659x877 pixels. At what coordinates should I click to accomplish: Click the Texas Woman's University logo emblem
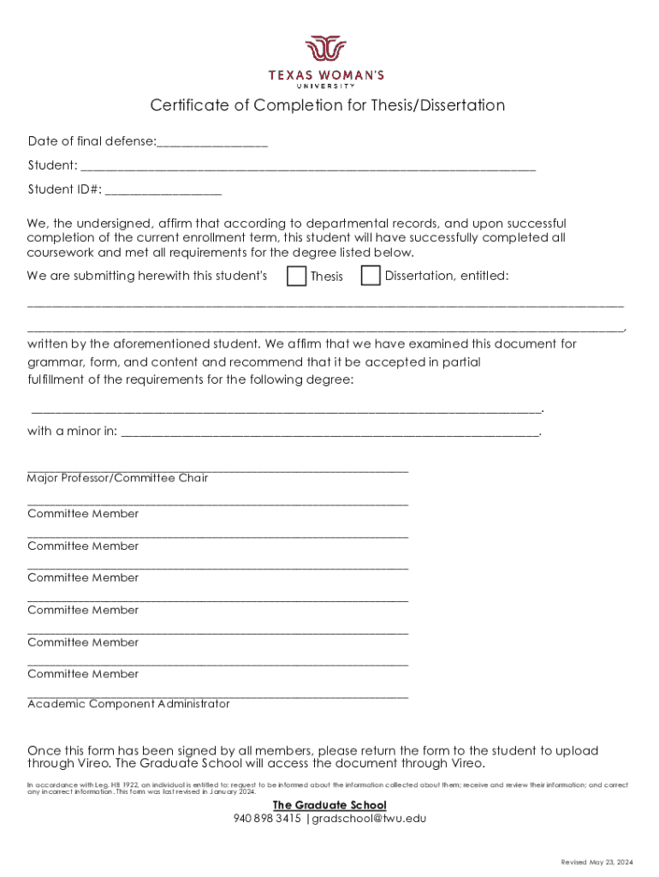[x=328, y=50]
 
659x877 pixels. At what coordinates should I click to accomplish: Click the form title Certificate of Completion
[x=328, y=105]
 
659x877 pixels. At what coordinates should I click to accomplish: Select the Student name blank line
[x=308, y=166]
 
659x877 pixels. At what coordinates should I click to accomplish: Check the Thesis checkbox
[x=296, y=276]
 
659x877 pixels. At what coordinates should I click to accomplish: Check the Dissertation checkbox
[x=371, y=276]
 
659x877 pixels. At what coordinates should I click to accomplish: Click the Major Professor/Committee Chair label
[x=117, y=478]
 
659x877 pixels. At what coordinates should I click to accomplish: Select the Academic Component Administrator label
[x=128, y=704]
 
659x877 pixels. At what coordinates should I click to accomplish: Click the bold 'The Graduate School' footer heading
[x=329, y=805]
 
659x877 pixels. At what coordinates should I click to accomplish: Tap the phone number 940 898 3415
[x=267, y=818]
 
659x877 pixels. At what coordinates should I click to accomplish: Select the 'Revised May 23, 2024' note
[x=597, y=862]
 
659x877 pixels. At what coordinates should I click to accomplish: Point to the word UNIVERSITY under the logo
[x=328, y=86]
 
